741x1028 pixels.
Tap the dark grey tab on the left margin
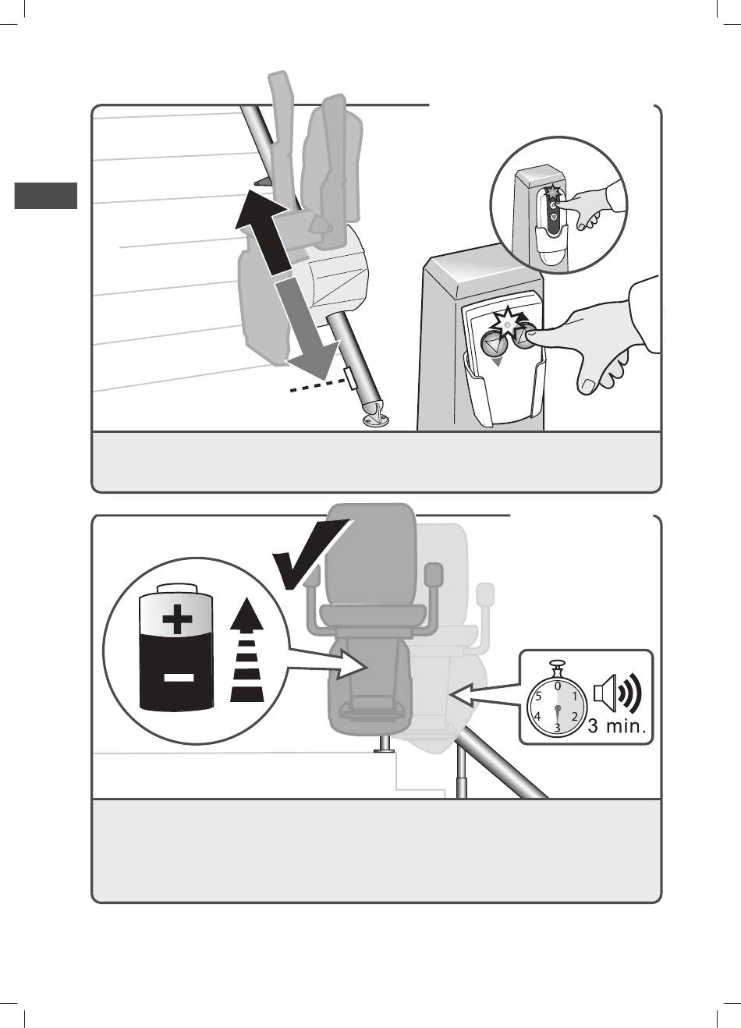pyautogui.click(x=46, y=195)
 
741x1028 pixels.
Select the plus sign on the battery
pyautogui.click(x=177, y=621)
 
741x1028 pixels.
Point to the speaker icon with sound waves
pyautogui.click(x=616, y=693)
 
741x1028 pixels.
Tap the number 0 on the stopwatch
pyautogui.click(x=557, y=686)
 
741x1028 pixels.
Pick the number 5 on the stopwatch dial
pyautogui.click(x=539, y=697)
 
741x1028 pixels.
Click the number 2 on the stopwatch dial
pyautogui.click(x=574, y=716)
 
